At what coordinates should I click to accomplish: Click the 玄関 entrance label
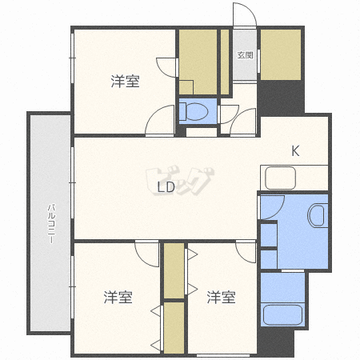[x=245, y=55]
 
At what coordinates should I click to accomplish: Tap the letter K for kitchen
[x=295, y=150]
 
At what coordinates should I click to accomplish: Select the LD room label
[x=166, y=187]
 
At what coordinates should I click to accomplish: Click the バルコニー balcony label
[x=51, y=223]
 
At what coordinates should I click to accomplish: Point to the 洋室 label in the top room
[x=125, y=82]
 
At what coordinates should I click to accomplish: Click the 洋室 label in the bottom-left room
[x=118, y=298]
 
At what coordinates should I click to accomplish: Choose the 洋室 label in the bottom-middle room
[x=221, y=298]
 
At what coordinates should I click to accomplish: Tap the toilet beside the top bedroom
[x=194, y=111]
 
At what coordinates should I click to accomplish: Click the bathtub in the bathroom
[x=282, y=315]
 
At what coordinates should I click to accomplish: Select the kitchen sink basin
[x=280, y=178]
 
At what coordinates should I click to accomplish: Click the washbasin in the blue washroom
[x=318, y=215]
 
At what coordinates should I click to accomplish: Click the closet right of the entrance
[x=281, y=54]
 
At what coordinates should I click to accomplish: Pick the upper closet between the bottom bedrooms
[x=174, y=270]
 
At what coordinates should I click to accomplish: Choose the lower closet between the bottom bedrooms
[x=174, y=328]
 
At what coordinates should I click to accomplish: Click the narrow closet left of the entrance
[x=225, y=62]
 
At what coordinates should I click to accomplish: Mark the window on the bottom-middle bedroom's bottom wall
[x=223, y=355]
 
